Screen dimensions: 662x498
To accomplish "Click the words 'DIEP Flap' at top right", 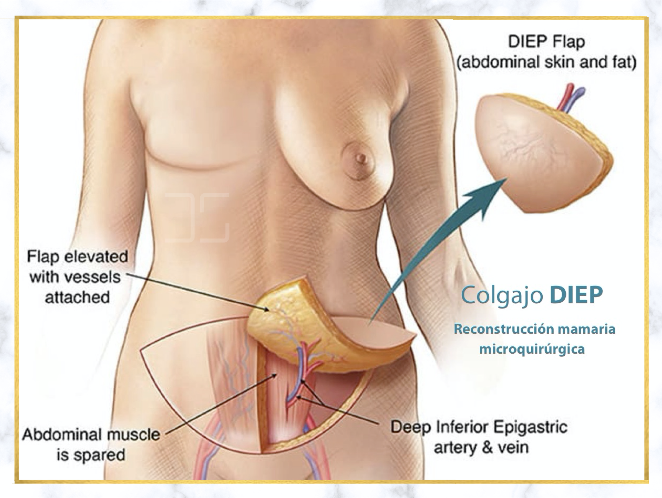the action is coord(546,42).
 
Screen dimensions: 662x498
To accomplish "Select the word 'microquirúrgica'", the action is coord(532,349).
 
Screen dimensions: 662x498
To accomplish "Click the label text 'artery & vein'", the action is coord(481,448).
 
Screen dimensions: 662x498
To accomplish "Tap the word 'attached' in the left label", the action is coord(77,297).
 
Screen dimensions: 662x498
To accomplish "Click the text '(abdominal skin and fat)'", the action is coord(546,63).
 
